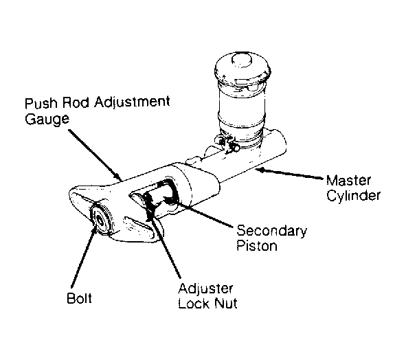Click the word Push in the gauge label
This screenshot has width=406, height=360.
(x=41, y=103)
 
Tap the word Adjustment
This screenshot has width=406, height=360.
(x=132, y=103)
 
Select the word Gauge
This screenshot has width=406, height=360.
(x=47, y=119)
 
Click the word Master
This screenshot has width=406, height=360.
(x=348, y=180)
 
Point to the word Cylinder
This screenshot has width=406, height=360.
(x=353, y=195)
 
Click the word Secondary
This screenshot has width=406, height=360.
(x=271, y=231)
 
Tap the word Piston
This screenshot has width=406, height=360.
(x=257, y=245)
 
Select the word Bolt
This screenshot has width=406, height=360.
(x=79, y=298)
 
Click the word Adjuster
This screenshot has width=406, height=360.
(x=205, y=289)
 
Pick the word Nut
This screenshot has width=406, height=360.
(x=226, y=303)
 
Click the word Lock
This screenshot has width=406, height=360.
(x=194, y=303)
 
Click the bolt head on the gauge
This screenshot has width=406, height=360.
(x=100, y=220)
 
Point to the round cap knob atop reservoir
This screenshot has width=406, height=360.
(x=242, y=59)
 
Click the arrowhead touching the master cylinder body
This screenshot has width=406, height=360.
(x=260, y=170)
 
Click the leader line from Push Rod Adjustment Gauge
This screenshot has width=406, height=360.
(x=95, y=155)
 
